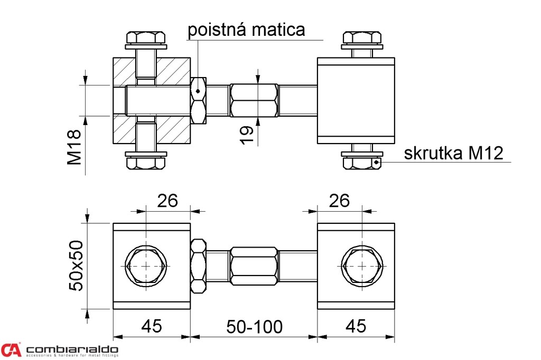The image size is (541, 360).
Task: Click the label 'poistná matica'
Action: [x=246, y=29]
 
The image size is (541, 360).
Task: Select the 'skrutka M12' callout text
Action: [x=453, y=153]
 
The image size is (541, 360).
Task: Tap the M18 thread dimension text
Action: [x=74, y=147]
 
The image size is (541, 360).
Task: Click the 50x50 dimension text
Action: [x=77, y=266]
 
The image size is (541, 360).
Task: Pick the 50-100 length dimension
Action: [x=255, y=327]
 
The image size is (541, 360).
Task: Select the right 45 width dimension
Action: [x=355, y=326]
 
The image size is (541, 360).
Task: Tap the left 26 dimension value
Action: [x=167, y=201]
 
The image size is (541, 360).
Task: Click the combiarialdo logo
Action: [x=60, y=350]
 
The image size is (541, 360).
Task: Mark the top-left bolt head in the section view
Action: [x=145, y=37]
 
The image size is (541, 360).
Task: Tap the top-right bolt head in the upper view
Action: [x=362, y=37]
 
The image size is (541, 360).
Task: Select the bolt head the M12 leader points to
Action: [x=362, y=163]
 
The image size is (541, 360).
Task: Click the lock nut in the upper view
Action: [x=198, y=100]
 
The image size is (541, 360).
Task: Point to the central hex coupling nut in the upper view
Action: [x=254, y=100]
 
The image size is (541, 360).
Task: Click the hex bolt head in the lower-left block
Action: [x=145, y=267]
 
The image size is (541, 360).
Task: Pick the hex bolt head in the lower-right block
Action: [x=362, y=267]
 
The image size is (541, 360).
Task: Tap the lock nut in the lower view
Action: [x=198, y=267]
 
